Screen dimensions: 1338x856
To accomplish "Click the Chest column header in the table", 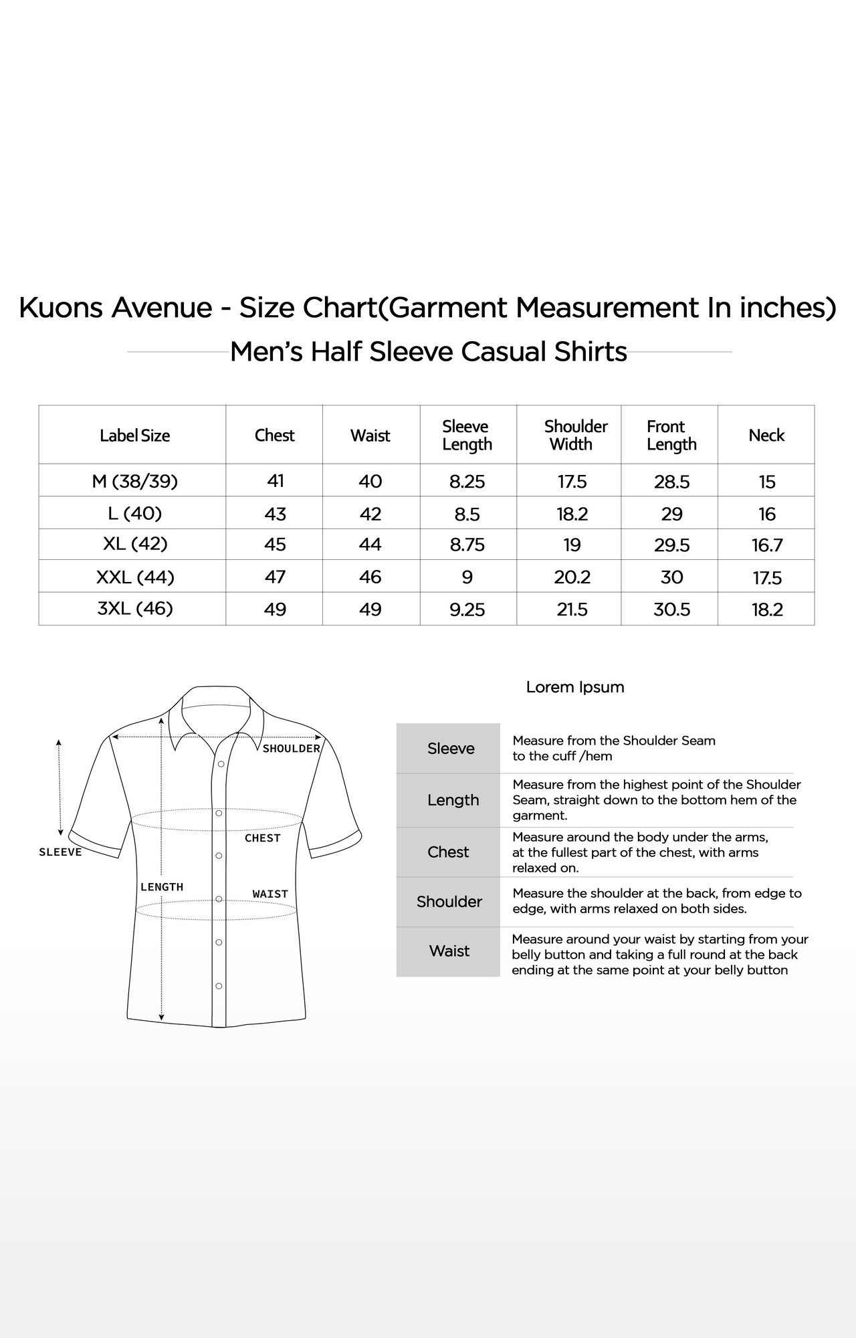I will tap(274, 436).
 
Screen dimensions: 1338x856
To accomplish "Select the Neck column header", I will tap(766, 436).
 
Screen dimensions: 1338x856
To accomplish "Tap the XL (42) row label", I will tap(135, 543).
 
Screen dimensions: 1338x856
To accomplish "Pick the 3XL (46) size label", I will tap(135, 608).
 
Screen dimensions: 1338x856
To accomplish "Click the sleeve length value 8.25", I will tap(467, 481).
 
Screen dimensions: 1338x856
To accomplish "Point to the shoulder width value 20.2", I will tap(572, 577).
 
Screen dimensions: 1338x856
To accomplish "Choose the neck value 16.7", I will tap(766, 545).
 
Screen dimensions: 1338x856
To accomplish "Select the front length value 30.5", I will tap(671, 609).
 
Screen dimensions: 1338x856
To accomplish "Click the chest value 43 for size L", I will tap(275, 514).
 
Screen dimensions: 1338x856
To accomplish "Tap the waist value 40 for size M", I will tap(370, 481).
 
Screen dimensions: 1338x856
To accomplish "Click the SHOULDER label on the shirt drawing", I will tap(291, 749).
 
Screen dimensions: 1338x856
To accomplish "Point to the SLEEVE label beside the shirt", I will tap(60, 852).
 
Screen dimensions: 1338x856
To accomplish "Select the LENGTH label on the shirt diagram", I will tap(162, 887).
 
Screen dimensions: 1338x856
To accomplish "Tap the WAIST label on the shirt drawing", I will tap(270, 894).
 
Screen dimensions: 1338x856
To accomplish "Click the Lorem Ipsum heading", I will tap(575, 687).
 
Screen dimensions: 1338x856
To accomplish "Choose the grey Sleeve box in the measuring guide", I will tap(448, 748).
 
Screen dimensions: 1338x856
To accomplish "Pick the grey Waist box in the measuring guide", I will tap(448, 951).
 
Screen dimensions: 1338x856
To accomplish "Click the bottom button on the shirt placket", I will tap(219, 986).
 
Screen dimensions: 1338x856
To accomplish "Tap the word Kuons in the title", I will tap(60, 308).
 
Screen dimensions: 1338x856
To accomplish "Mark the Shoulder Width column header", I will tap(574, 435).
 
